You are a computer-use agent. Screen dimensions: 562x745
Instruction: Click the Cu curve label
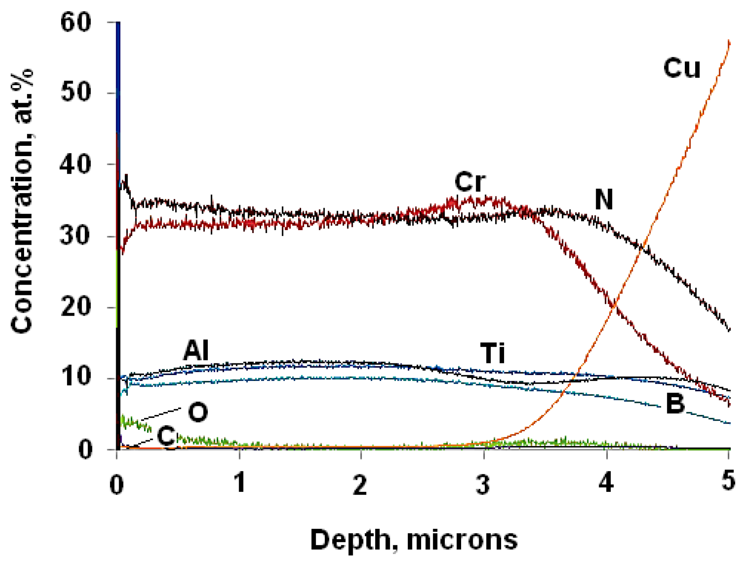(682, 68)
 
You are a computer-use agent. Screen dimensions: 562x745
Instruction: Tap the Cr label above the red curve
(470, 182)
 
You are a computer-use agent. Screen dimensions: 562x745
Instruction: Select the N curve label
(603, 199)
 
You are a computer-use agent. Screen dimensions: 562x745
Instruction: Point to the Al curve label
(196, 350)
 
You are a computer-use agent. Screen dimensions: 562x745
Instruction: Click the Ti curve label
(493, 353)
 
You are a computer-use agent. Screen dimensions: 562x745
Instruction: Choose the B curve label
(675, 404)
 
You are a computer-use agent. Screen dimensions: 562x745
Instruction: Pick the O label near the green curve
(198, 412)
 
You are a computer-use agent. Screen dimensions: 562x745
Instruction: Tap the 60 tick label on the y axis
(76, 22)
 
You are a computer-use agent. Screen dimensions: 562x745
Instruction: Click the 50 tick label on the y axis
(76, 93)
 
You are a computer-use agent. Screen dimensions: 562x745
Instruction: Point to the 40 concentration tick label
(76, 164)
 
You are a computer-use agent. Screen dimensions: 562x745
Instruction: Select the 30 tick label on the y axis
(76, 236)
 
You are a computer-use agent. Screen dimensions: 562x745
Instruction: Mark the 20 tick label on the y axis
(76, 307)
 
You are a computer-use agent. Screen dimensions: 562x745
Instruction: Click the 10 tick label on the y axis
(76, 378)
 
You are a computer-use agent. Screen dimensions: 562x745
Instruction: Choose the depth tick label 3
(483, 483)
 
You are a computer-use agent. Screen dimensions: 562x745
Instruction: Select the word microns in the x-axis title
(462, 540)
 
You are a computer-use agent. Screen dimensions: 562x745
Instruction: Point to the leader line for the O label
(161, 413)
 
